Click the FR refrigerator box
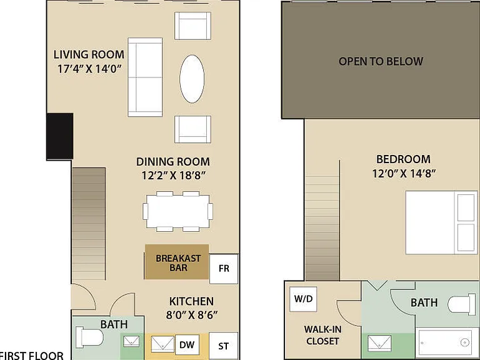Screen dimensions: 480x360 tap(224, 269)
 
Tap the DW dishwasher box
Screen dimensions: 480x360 tap(187, 345)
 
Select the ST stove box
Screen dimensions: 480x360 tap(224, 346)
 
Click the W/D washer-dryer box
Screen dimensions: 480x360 tap(303, 299)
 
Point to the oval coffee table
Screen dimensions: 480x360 tap(192, 79)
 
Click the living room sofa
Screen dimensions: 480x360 tap(145, 77)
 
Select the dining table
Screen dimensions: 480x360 tap(178, 211)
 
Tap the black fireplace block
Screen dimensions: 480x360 tap(60, 136)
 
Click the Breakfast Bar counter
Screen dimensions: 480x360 tap(177, 262)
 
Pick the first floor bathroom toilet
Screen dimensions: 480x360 tap(89, 337)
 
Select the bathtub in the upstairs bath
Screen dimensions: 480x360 tap(446, 342)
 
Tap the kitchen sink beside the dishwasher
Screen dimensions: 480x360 tap(162, 344)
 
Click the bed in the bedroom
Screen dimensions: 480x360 tap(441, 222)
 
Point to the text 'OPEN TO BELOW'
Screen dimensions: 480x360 tap(381, 61)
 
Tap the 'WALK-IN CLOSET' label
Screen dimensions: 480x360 tap(322, 335)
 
